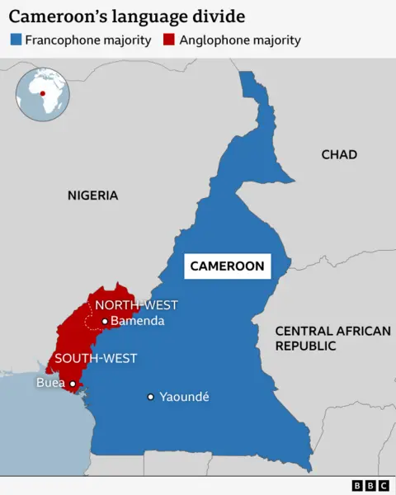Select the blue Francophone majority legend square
coord(15,40)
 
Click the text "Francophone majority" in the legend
coord(87,40)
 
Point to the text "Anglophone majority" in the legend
coord(239,40)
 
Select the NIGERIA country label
coord(92,196)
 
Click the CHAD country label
coord(339,154)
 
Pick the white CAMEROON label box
coord(227,266)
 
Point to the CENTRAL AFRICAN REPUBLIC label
coord(332,338)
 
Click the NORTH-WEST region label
coord(142,305)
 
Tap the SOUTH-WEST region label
coord(96,358)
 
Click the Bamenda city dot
coord(105,321)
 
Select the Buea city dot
coord(73,384)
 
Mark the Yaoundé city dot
coord(150,397)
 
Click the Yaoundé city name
coord(185,397)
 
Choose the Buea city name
coord(49,384)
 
